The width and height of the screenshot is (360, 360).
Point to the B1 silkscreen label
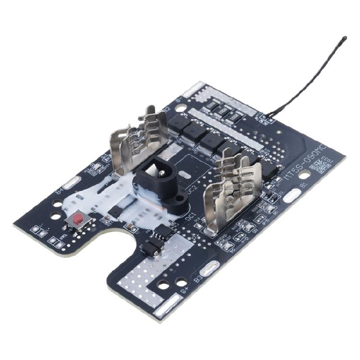click(303, 184)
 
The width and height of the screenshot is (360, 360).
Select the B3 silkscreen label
click(197, 278)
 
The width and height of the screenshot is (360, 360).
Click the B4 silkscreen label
click(59, 191)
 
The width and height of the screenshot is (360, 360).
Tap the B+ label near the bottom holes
click(184, 290)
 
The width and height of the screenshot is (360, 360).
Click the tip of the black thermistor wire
click(345, 37)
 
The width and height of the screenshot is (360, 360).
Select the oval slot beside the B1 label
click(292, 194)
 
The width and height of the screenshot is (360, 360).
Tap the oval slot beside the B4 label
click(72, 182)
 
